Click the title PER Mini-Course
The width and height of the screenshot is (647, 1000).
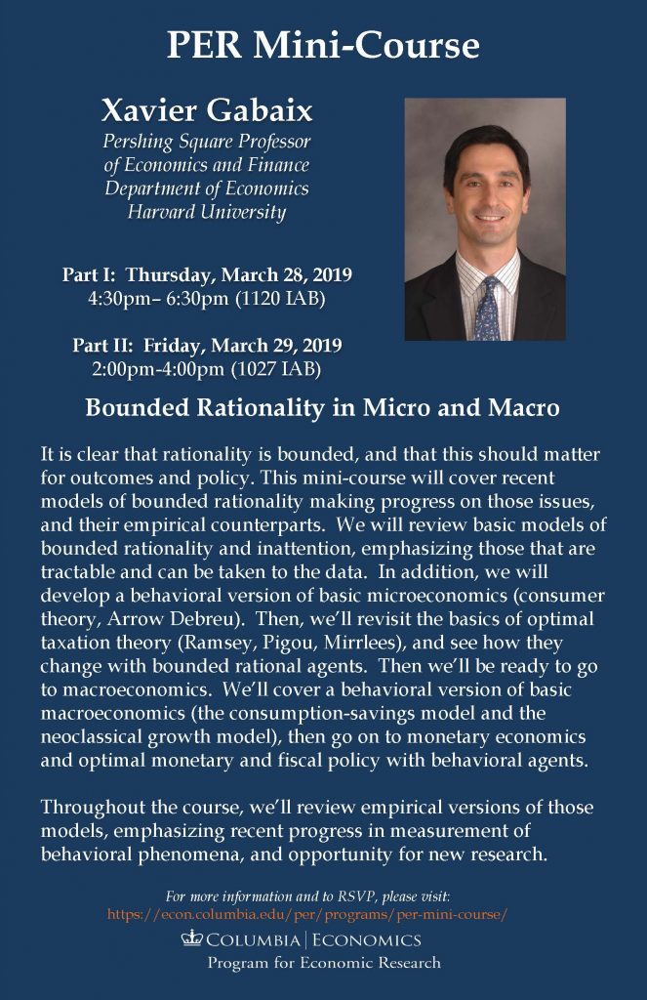pos(323,44)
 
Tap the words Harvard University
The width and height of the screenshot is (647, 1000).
pos(206,212)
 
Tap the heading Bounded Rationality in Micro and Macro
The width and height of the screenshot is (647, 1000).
pos(323,407)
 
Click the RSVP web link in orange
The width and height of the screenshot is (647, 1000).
pos(308,914)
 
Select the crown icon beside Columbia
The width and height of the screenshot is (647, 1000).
pos(190,939)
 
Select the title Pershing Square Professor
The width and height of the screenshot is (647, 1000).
pos(206,143)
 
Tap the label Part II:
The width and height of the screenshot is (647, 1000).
pos(101,346)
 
